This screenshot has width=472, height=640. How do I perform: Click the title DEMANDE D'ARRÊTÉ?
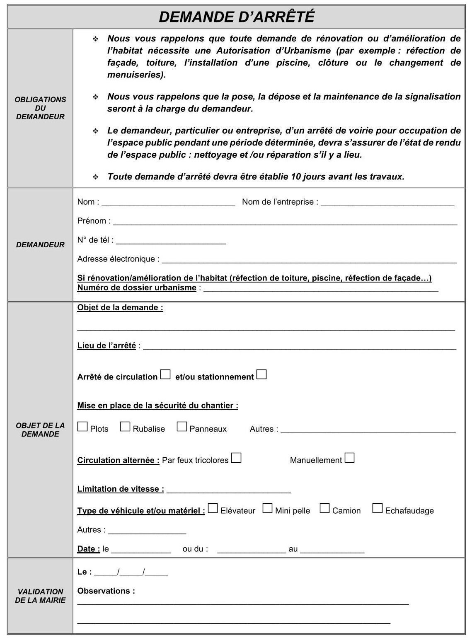[x=237, y=17]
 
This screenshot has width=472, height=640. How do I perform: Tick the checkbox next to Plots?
[x=82, y=426]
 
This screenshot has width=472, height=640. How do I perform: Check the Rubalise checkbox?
[x=125, y=426]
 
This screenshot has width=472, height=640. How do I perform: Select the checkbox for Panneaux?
[x=182, y=426]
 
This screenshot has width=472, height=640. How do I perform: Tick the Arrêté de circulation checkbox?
[x=165, y=374]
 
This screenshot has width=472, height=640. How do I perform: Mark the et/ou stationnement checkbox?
[x=261, y=374]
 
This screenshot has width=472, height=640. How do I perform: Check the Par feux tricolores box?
[x=236, y=458]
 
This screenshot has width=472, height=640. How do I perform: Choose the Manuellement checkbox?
[x=349, y=458]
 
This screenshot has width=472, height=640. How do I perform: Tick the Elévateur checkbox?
[x=213, y=508]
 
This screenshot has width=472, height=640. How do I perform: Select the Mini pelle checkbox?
[x=268, y=508]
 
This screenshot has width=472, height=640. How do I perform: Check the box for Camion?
[x=324, y=508]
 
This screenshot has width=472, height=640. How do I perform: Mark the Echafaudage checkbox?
[x=377, y=508]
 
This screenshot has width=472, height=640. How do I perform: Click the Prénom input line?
[x=285, y=222]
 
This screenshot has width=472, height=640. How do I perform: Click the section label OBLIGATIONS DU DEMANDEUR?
[x=40, y=108]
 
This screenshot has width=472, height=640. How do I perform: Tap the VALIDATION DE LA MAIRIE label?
[x=40, y=596]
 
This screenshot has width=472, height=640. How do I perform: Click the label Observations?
[x=106, y=591]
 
